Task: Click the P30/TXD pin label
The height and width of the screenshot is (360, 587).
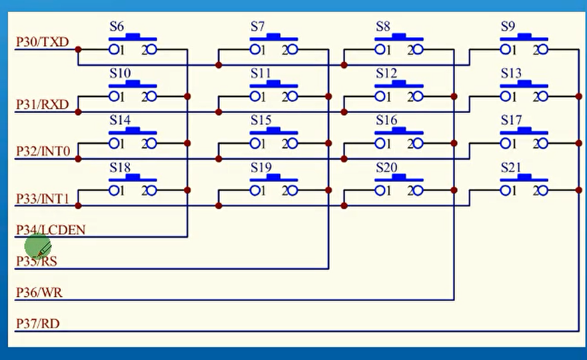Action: (42, 42)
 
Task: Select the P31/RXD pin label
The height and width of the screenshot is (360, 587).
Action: (43, 105)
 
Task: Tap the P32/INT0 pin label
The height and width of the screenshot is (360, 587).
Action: (43, 151)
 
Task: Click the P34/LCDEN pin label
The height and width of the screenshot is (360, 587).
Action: (51, 230)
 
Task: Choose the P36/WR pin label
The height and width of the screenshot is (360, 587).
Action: (39, 293)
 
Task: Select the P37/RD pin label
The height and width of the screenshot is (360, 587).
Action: (37, 324)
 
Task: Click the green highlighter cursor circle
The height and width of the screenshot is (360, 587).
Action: (37, 247)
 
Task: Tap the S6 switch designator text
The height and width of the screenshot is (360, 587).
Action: (117, 27)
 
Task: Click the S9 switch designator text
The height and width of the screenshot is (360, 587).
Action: (508, 27)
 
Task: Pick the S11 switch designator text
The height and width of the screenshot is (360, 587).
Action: (261, 73)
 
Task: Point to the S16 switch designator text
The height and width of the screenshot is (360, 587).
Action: (386, 120)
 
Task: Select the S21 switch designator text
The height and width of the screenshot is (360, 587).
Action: (511, 167)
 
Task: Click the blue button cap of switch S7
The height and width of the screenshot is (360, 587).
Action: (274, 37)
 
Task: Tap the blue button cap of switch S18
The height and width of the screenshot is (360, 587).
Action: (133, 178)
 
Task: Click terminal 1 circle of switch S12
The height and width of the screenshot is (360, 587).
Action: (380, 97)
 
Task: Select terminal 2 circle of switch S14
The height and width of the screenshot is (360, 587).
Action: (152, 143)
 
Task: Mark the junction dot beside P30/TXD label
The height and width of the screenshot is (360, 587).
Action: (78, 49)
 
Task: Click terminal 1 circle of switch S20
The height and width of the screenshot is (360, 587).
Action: (380, 191)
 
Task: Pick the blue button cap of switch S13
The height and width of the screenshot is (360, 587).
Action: (524, 84)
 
